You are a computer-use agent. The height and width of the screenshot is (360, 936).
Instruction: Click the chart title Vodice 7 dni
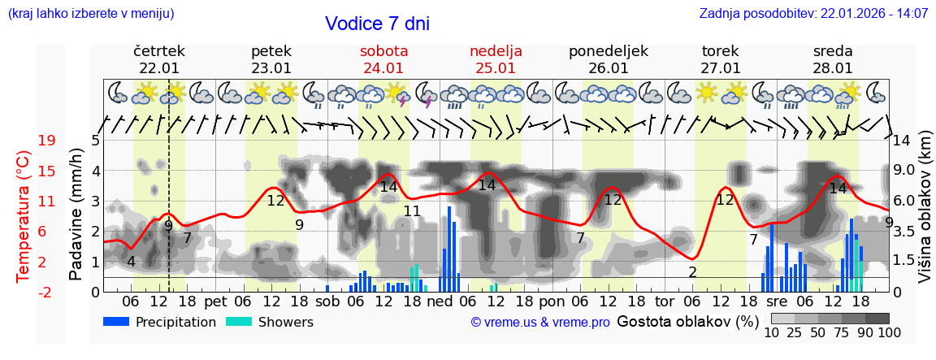[x=377, y=24]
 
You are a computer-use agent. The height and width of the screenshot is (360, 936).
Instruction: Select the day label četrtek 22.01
[x=158, y=59]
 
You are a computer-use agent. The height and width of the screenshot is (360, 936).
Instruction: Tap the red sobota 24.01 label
[x=383, y=59]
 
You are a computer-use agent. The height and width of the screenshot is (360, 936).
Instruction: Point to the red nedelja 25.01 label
[x=496, y=59]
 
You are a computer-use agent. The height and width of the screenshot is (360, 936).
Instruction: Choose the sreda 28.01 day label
[x=833, y=59]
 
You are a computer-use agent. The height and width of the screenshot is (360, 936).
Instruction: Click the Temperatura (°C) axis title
[x=23, y=215]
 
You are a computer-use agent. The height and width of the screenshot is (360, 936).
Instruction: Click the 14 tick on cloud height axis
[x=903, y=141]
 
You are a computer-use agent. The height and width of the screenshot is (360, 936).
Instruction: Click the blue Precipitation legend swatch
[x=117, y=322]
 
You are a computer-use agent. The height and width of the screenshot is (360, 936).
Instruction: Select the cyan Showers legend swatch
[x=239, y=322]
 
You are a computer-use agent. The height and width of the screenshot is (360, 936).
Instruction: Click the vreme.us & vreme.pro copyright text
[x=540, y=323]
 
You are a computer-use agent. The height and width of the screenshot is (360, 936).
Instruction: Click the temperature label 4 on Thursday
[x=131, y=262]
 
